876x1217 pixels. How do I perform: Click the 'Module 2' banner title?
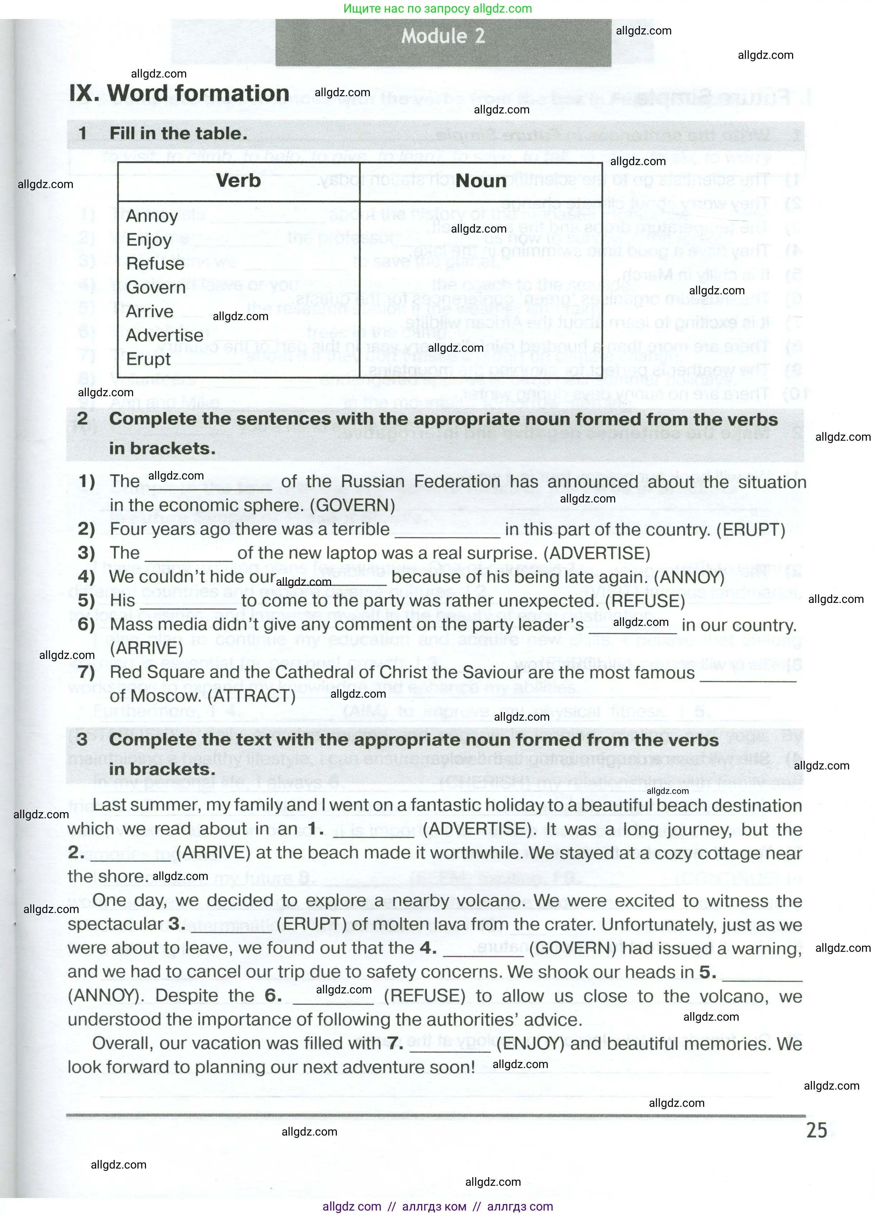tap(443, 37)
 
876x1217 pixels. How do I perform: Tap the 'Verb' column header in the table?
tap(238, 181)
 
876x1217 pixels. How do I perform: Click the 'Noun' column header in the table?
tap(481, 181)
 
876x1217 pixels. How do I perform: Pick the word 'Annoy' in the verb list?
tap(152, 216)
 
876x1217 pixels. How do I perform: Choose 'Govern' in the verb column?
tap(156, 287)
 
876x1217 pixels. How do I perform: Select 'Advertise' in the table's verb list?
tap(164, 335)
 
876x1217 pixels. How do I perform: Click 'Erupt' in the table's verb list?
tap(148, 359)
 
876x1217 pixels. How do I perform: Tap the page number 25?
tap(816, 1130)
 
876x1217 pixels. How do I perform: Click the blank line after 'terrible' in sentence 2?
tap(447, 531)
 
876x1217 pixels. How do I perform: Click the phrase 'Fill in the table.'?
tap(178, 134)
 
